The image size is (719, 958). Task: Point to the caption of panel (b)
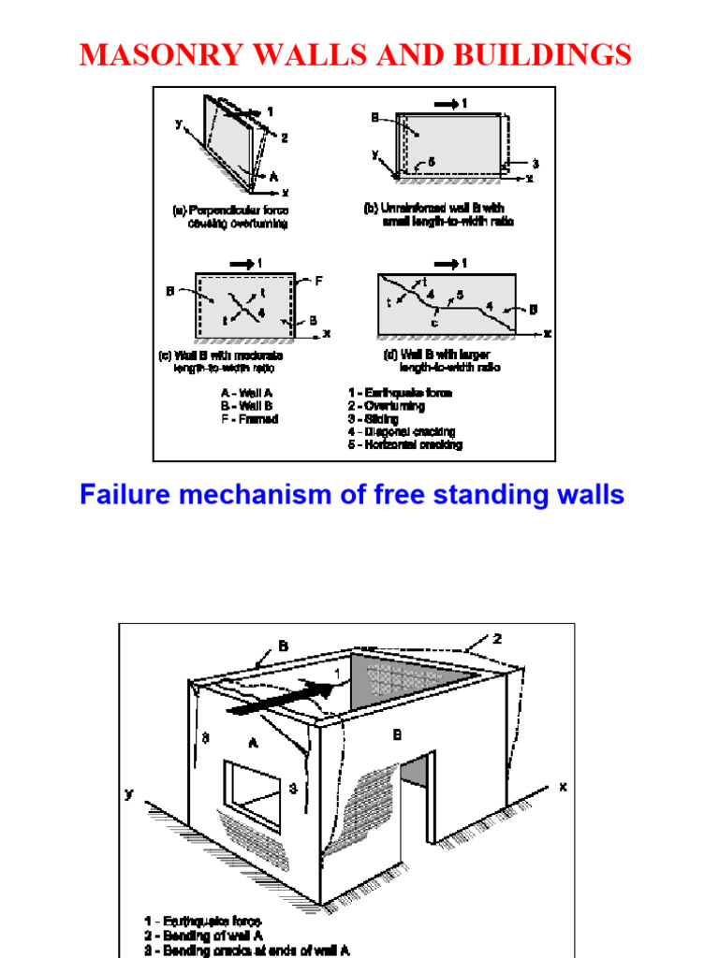coord(437,214)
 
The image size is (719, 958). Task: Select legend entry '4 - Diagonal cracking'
coord(402,431)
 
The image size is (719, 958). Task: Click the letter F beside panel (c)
coord(317,279)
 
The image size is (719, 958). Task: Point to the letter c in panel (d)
coord(434,324)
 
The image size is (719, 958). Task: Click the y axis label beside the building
coord(129,794)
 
